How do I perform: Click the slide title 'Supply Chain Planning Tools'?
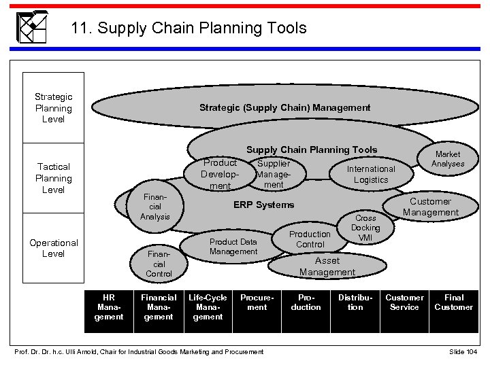(x=189, y=29)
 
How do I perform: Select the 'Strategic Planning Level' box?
(x=53, y=109)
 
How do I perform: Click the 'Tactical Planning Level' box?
(x=53, y=178)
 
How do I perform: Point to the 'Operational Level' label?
(x=53, y=248)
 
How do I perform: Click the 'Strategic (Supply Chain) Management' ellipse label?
(x=284, y=107)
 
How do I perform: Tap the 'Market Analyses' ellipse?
(x=448, y=159)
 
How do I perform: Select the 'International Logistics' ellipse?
(x=370, y=174)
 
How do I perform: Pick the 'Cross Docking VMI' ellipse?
(x=365, y=228)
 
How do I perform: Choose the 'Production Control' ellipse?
(x=310, y=239)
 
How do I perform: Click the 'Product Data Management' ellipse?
(x=233, y=247)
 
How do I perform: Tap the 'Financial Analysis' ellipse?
(x=155, y=206)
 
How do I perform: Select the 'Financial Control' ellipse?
(x=159, y=263)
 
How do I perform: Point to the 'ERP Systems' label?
(x=264, y=205)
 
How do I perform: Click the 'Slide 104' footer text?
(x=463, y=351)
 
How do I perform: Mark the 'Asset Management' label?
(x=327, y=266)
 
